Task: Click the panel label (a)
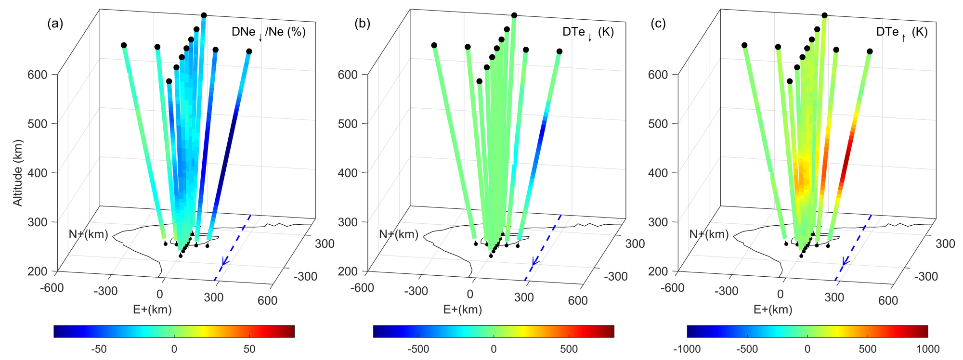(55, 24)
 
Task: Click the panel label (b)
(362, 24)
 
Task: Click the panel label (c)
(658, 24)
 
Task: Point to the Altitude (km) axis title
(18, 173)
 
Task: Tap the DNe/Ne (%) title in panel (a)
(268, 32)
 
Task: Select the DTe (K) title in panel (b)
(588, 32)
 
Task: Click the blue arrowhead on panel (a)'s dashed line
(224, 261)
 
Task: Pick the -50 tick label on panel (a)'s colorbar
(99, 349)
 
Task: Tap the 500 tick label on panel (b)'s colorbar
(569, 349)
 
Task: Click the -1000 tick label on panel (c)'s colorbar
(687, 349)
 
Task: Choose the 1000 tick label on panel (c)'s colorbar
(928, 349)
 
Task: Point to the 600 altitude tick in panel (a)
(38, 75)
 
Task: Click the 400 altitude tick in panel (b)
(348, 173)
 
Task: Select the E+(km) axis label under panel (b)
(462, 309)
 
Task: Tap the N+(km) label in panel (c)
(709, 234)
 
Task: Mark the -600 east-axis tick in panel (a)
(52, 288)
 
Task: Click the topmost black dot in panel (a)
(204, 15)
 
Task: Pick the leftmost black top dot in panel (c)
(744, 45)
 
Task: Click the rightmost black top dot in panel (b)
(560, 51)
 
